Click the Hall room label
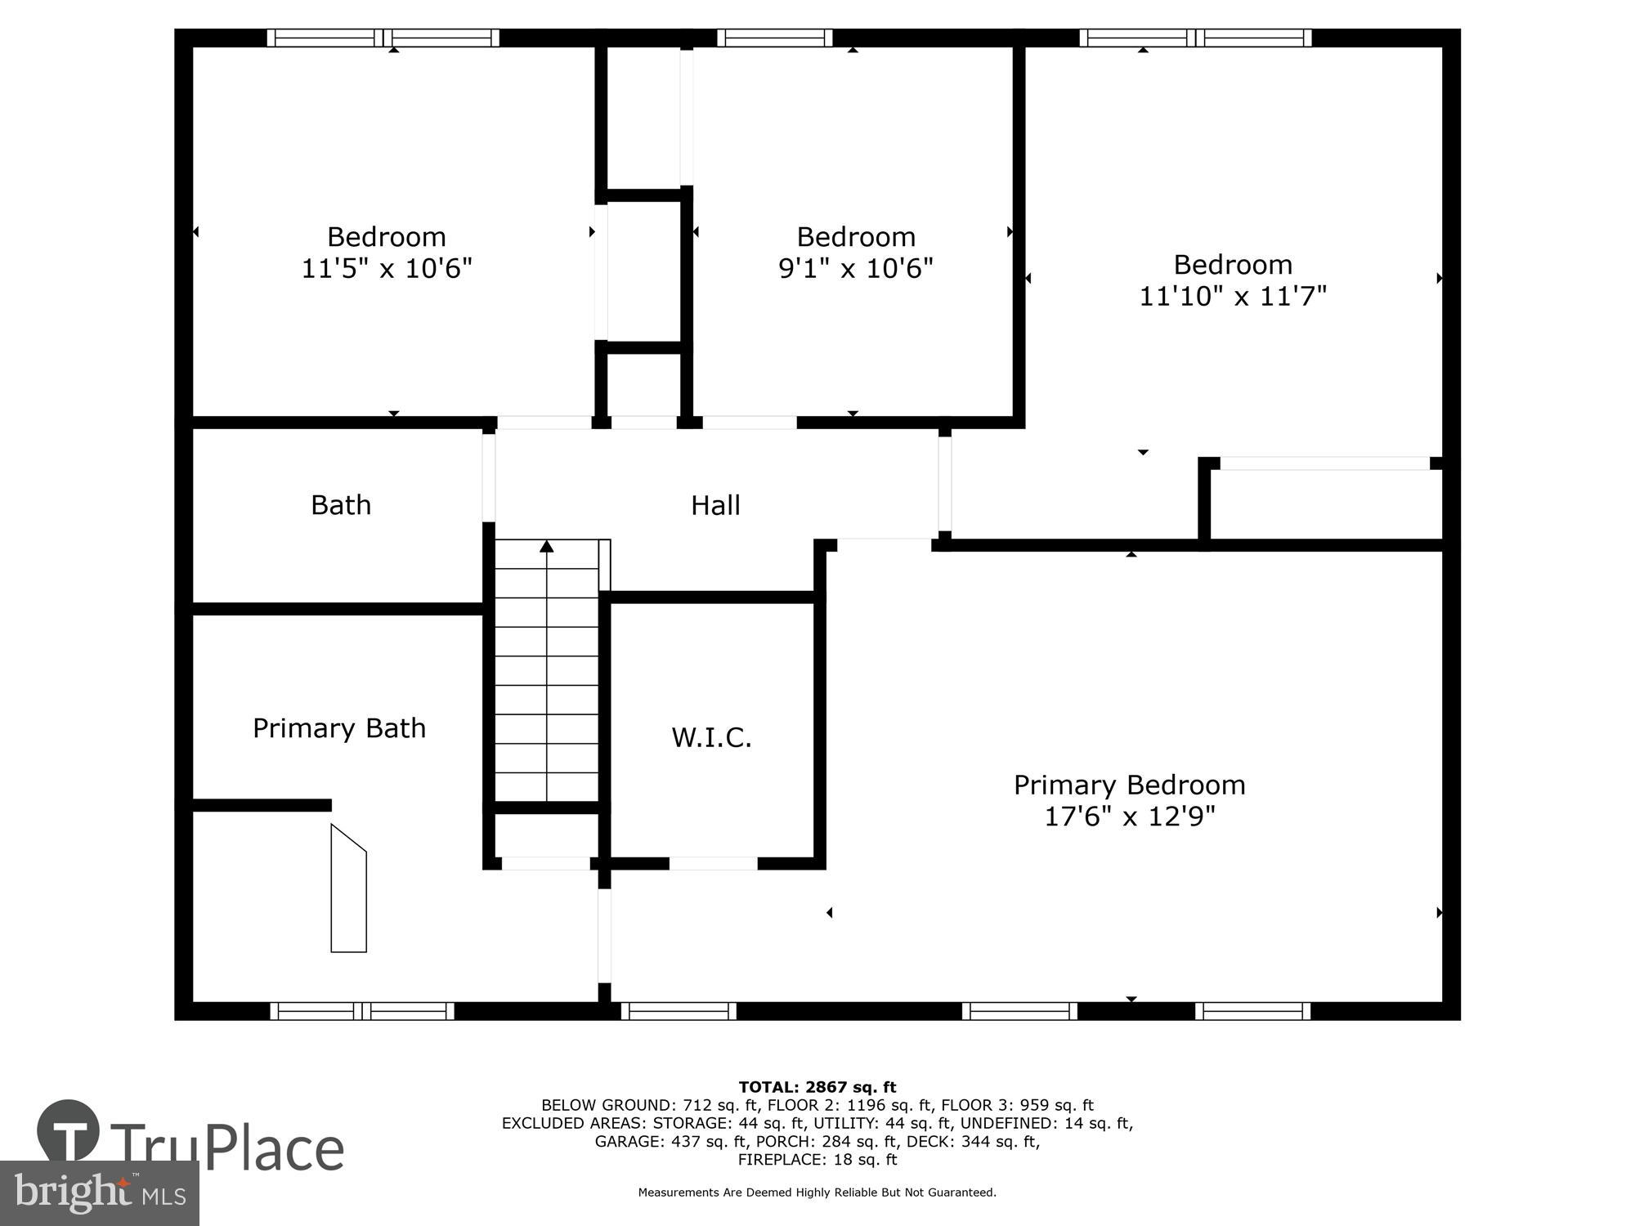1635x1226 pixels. pyautogui.click(x=715, y=505)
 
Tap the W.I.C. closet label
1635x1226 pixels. pyautogui.click(x=711, y=737)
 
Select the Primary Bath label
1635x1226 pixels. pyautogui.click(x=339, y=727)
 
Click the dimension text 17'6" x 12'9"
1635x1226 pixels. pyautogui.click(x=1130, y=816)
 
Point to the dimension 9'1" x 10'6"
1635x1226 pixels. pyautogui.click(x=855, y=267)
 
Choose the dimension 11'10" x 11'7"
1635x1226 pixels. pyautogui.click(x=1232, y=295)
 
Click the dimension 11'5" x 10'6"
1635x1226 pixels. pyautogui.click(x=387, y=267)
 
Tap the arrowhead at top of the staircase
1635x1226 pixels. pyautogui.click(x=547, y=546)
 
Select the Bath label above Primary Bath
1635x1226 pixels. pyautogui.click(x=341, y=505)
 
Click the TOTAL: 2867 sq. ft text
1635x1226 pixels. pyautogui.click(x=817, y=1087)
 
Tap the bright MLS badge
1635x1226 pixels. pyautogui.click(x=99, y=1193)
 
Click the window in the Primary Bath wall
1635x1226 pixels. pyautogui.click(x=362, y=1011)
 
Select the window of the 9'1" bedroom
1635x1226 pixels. pyautogui.click(x=775, y=38)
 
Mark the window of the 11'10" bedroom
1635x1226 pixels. pyautogui.click(x=1195, y=38)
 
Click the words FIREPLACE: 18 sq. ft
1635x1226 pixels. pyautogui.click(x=817, y=1159)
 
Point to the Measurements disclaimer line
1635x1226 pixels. pyautogui.click(x=817, y=1192)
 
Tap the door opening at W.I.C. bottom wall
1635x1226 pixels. pyautogui.click(x=713, y=863)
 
